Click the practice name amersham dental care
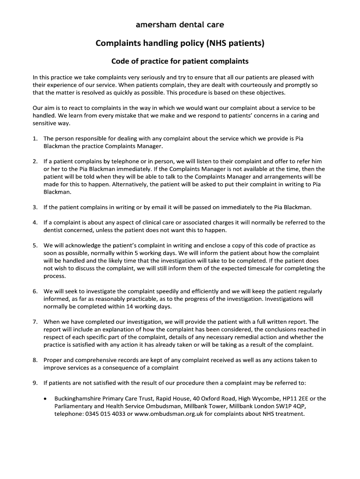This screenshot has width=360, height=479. pos(180,24)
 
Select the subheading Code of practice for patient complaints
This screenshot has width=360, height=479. pos(180,61)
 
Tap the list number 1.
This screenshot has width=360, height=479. pos(35,139)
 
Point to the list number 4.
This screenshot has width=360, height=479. pos(35,223)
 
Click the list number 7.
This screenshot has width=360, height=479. pos(35,322)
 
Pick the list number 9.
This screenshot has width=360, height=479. pos(35,383)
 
